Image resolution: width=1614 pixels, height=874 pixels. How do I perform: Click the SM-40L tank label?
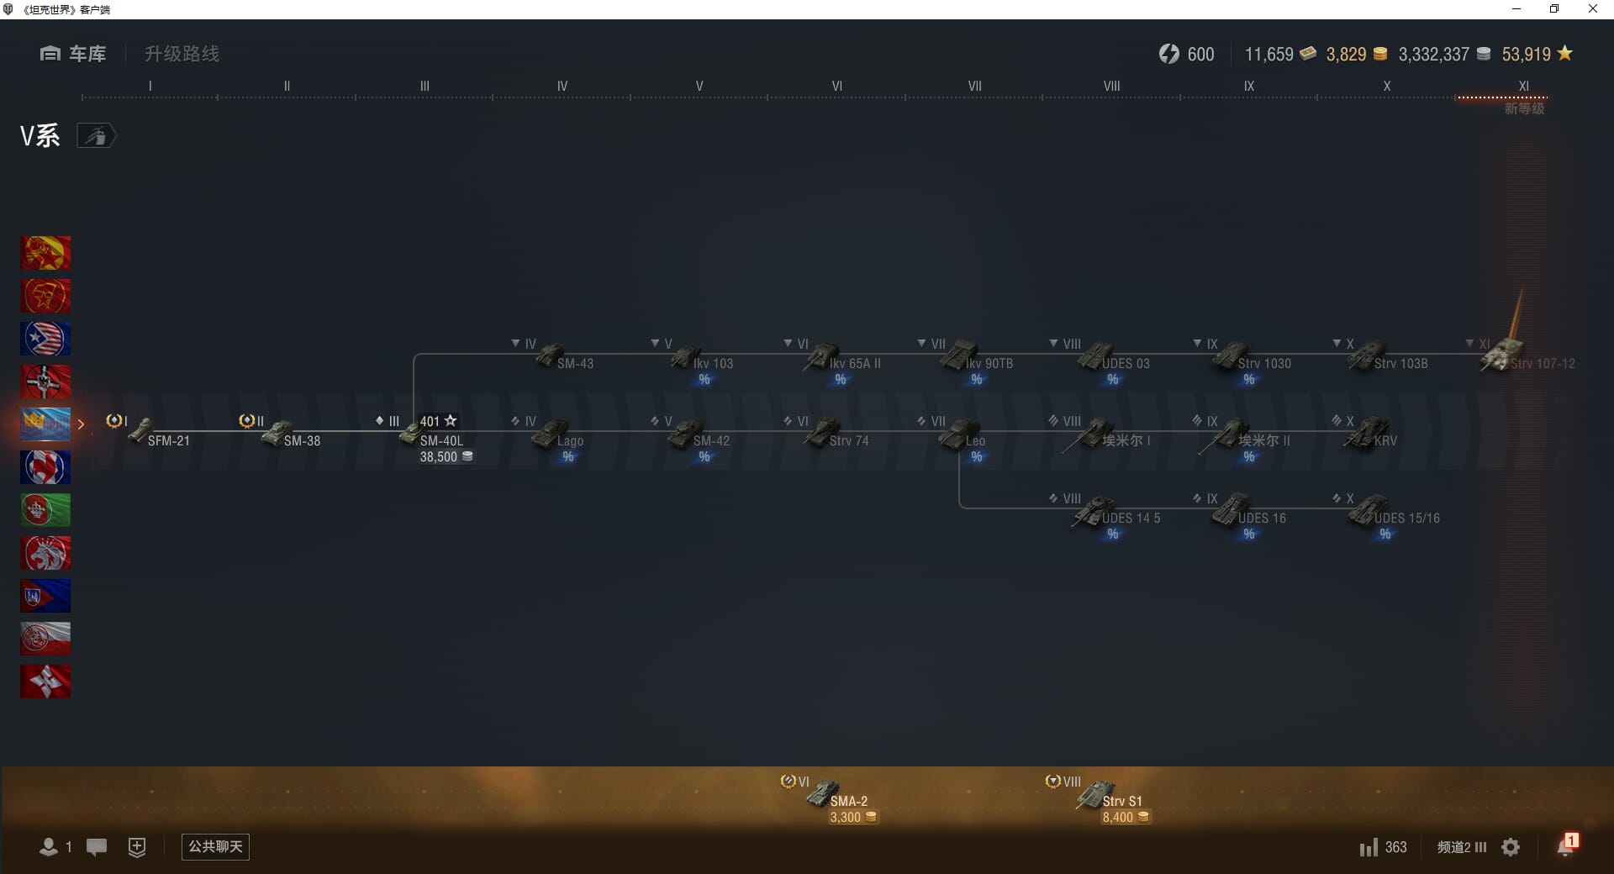pyautogui.click(x=441, y=440)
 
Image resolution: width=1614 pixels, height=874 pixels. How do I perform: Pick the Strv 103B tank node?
pyautogui.click(x=1387, y=359)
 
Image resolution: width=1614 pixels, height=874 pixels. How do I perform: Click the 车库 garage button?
pyautogui.click(x=73, y=54)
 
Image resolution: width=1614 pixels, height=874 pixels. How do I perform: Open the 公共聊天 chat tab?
pyautogui.click(x=215, y=846)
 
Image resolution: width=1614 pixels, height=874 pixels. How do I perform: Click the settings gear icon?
pyautogui.click(x=1511, y=847)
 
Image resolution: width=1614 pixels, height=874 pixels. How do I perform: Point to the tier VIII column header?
pyautogui.click(x=1111, y=86)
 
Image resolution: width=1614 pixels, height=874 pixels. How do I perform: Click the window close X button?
pyautogui.click(x=1592, y=9)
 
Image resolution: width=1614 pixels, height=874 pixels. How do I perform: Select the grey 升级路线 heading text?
pyautogui.click(x=182, y=54)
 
